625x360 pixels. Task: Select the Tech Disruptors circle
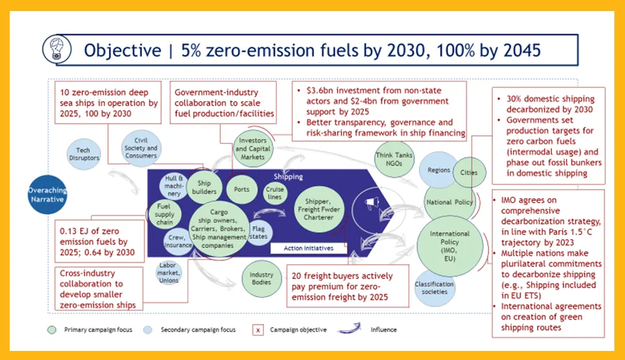tap(84, 154)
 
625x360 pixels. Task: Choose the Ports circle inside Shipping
tap(242, 189)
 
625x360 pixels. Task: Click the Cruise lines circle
tap(275, 194)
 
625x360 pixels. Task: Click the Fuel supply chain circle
tap(165, 214)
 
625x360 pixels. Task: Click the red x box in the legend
tap(258, 330)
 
